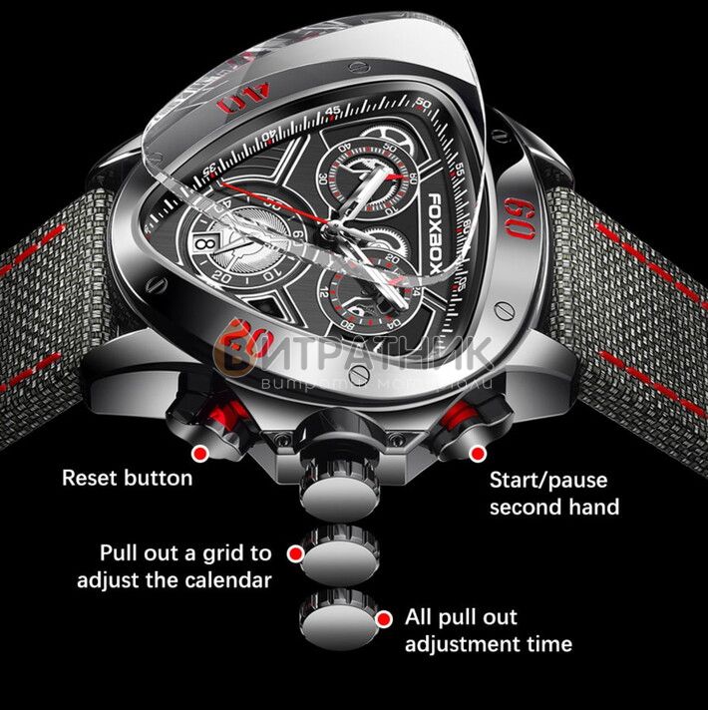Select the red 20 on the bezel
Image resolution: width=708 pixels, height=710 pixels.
click(x=248, y=342)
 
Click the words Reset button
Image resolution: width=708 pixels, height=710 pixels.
click(x=127, y=478)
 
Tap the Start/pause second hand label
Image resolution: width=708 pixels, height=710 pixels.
click(x=553, y=493)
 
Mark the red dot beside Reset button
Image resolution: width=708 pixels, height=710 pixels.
click(x=199, y=454)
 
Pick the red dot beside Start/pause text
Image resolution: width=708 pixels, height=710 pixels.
click(x=478, y=454)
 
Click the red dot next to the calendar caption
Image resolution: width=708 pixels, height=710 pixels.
click(x=294, y=551)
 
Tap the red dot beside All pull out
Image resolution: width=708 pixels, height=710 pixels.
click(x=384, y=619)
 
